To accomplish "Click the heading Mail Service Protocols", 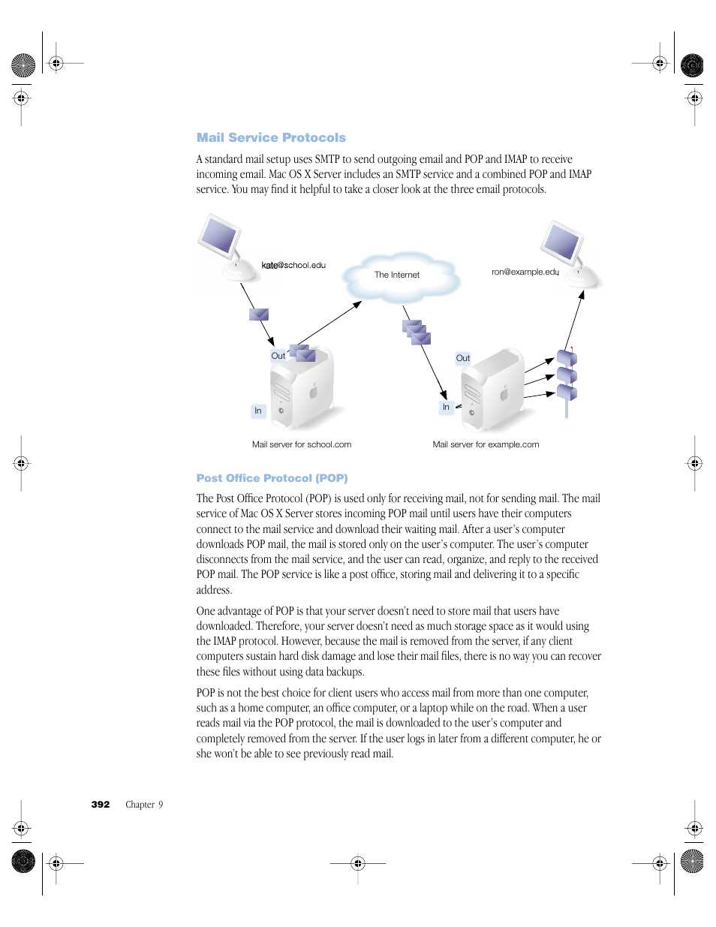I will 271,137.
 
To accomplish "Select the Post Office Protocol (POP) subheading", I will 272,478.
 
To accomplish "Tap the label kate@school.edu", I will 293,265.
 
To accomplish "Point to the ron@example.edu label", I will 525,272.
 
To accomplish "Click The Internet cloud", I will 398,275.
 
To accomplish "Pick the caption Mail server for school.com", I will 302,444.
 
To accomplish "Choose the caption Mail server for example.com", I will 486,444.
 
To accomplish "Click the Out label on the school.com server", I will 278,356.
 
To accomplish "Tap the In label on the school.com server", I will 258,411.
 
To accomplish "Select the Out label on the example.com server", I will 463,358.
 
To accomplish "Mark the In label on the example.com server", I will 446,407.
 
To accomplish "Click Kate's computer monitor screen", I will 219,235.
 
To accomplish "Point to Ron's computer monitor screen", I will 562,242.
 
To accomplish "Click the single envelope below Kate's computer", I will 259,315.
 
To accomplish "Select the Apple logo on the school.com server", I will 314,391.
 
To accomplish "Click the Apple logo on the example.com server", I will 505,392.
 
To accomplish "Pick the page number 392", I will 101,805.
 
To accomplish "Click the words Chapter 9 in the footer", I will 144,805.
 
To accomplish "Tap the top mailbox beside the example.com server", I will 567,358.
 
